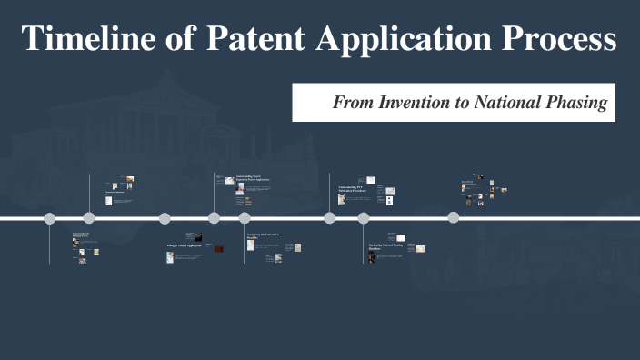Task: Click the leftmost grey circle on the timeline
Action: (x=49, y=218)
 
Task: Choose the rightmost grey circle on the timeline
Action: (x=453, y=217)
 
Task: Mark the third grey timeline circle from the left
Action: (x=165, y=218)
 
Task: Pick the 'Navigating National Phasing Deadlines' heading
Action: (x=385, y=246)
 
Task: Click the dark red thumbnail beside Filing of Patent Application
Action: (x=218, y=248)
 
